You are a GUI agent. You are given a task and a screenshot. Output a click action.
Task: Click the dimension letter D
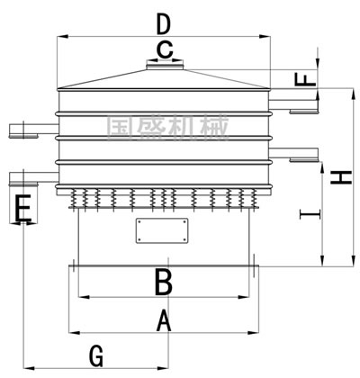(164, 25)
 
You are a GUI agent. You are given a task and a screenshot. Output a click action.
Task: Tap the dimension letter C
(165, 50)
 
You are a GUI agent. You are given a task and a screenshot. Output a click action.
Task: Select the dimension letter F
(305, 79)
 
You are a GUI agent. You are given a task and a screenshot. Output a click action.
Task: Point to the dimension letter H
(341, 177)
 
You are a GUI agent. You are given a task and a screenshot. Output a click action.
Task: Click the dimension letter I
(310, 214)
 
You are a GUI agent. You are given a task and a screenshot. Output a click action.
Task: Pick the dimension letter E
(22, 208)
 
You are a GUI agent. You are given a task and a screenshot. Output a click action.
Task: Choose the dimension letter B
(164, 282)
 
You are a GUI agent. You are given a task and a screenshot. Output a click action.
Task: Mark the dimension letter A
(164, 320)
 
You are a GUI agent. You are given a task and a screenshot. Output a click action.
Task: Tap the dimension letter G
(96, 356)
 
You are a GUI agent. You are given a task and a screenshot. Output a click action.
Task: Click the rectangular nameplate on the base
(162, 230)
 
